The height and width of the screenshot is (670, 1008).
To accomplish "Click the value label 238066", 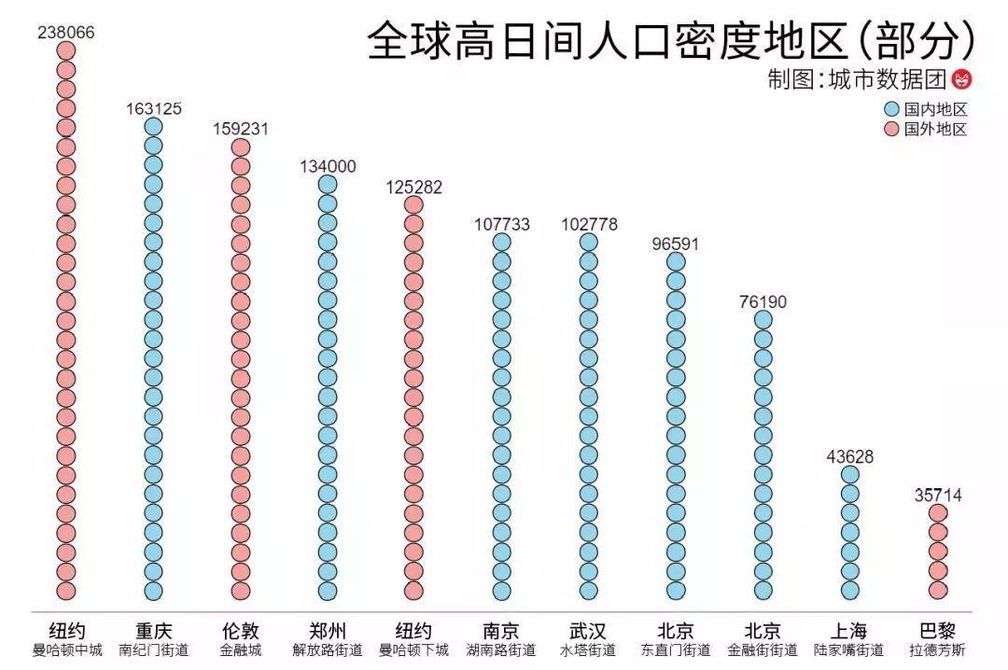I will (65, 33).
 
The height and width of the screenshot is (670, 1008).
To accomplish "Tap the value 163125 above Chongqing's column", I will (154, 109).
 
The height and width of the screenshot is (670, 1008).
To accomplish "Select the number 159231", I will (240, 130).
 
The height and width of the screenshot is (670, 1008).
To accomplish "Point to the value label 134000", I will (328, 167).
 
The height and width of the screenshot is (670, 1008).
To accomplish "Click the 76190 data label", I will (763, 301).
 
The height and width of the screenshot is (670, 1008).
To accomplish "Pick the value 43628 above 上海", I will (849, 456).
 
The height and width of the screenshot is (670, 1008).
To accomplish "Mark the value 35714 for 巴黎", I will (937, 496).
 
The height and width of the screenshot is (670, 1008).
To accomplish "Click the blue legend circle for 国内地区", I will (890, 109).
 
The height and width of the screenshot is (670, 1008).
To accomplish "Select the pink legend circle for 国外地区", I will (890, 130).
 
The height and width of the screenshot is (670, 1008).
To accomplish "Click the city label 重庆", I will (154, 630).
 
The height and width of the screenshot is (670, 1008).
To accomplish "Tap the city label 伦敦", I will (240, 630).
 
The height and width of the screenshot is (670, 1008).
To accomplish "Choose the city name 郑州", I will (328, 630).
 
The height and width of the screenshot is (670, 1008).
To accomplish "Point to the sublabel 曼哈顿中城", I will (66, 649).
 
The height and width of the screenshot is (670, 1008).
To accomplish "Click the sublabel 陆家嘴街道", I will (849, 649).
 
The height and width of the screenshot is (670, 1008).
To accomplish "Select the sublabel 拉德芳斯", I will (937, 649).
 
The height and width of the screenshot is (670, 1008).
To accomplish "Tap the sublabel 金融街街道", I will (763, 649).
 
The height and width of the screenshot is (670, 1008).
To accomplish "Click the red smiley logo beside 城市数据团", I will (961, 80).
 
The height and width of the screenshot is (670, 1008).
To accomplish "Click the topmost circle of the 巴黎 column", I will (938, 513).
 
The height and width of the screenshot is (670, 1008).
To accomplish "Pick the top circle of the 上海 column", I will (850, 474).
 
